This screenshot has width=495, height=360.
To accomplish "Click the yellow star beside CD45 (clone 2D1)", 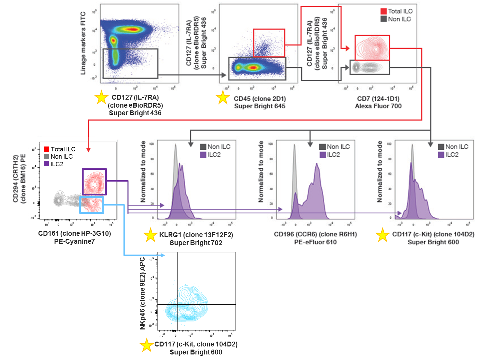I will tap(223, 98).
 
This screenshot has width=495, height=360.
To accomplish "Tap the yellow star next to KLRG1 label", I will tap(151, 235).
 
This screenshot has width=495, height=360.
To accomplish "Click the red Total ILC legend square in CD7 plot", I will tap(383, 11).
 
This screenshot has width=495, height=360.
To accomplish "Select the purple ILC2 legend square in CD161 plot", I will tap(46, 164).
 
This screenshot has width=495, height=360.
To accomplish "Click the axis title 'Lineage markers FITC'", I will tap(83, 43).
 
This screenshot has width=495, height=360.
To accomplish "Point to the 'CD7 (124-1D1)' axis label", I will tap(378, 99).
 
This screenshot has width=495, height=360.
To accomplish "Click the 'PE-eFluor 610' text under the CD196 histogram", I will tap(315, 242).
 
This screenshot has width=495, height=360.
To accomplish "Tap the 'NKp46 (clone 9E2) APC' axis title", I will tap(143, 293).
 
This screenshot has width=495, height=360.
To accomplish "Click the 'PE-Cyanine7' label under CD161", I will tap(74, 241).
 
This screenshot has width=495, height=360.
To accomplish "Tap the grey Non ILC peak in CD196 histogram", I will tap(294, 167).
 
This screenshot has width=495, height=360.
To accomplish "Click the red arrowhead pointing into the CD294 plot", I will tap(88, 150).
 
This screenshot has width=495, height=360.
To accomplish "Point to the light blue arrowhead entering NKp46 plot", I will tap(162, 256).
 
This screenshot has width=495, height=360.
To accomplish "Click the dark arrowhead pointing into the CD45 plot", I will tap(224, 75).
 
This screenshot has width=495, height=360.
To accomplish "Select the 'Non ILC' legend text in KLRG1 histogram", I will tap(219, 147).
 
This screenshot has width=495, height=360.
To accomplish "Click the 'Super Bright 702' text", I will tap(196, 243).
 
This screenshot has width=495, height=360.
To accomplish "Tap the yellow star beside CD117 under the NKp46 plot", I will tap(146, 345).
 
